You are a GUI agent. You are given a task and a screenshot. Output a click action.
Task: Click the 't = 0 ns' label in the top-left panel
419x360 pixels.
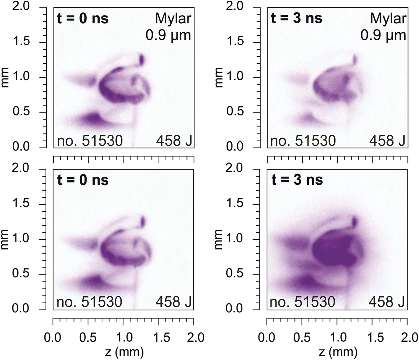83,19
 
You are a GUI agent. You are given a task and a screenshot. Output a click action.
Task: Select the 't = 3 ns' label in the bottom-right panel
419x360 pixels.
297,180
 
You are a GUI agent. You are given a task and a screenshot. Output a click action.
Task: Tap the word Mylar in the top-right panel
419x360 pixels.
388,19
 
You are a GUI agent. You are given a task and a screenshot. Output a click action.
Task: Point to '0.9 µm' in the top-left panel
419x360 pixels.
168,35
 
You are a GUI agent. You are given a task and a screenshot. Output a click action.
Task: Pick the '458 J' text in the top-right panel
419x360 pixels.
387,141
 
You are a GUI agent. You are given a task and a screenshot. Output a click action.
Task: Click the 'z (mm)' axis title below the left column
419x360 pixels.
123,352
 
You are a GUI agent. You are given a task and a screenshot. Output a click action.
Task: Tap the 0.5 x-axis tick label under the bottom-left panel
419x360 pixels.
88,338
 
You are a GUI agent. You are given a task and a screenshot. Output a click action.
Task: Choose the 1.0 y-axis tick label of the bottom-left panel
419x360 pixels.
21,239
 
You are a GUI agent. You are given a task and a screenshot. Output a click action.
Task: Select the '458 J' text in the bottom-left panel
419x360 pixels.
173,302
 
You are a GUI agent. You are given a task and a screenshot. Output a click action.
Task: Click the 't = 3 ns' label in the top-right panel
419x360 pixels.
297,19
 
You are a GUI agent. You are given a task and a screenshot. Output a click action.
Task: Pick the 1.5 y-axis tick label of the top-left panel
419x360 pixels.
21,42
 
